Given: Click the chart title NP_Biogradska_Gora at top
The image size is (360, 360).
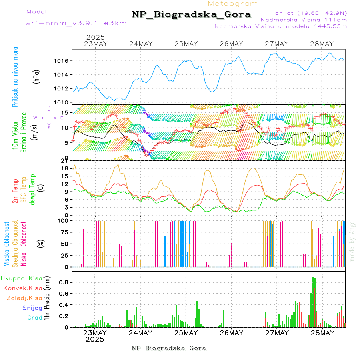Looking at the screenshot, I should (191, 15).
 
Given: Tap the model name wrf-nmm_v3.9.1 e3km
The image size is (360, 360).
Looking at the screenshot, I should (76, 23).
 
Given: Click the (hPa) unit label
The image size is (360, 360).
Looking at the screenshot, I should (36, 76).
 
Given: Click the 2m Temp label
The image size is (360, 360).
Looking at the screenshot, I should (15, 191).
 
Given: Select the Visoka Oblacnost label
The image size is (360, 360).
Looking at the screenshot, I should (7, 244).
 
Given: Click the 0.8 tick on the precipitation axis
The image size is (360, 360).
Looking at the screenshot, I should (64, 282).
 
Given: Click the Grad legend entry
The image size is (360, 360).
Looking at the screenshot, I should (34, 318).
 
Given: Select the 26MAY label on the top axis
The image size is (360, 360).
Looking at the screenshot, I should (231, 44).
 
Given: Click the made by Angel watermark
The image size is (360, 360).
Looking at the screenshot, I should (352, 240).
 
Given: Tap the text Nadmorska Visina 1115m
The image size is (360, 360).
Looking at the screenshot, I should (304, 19).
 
